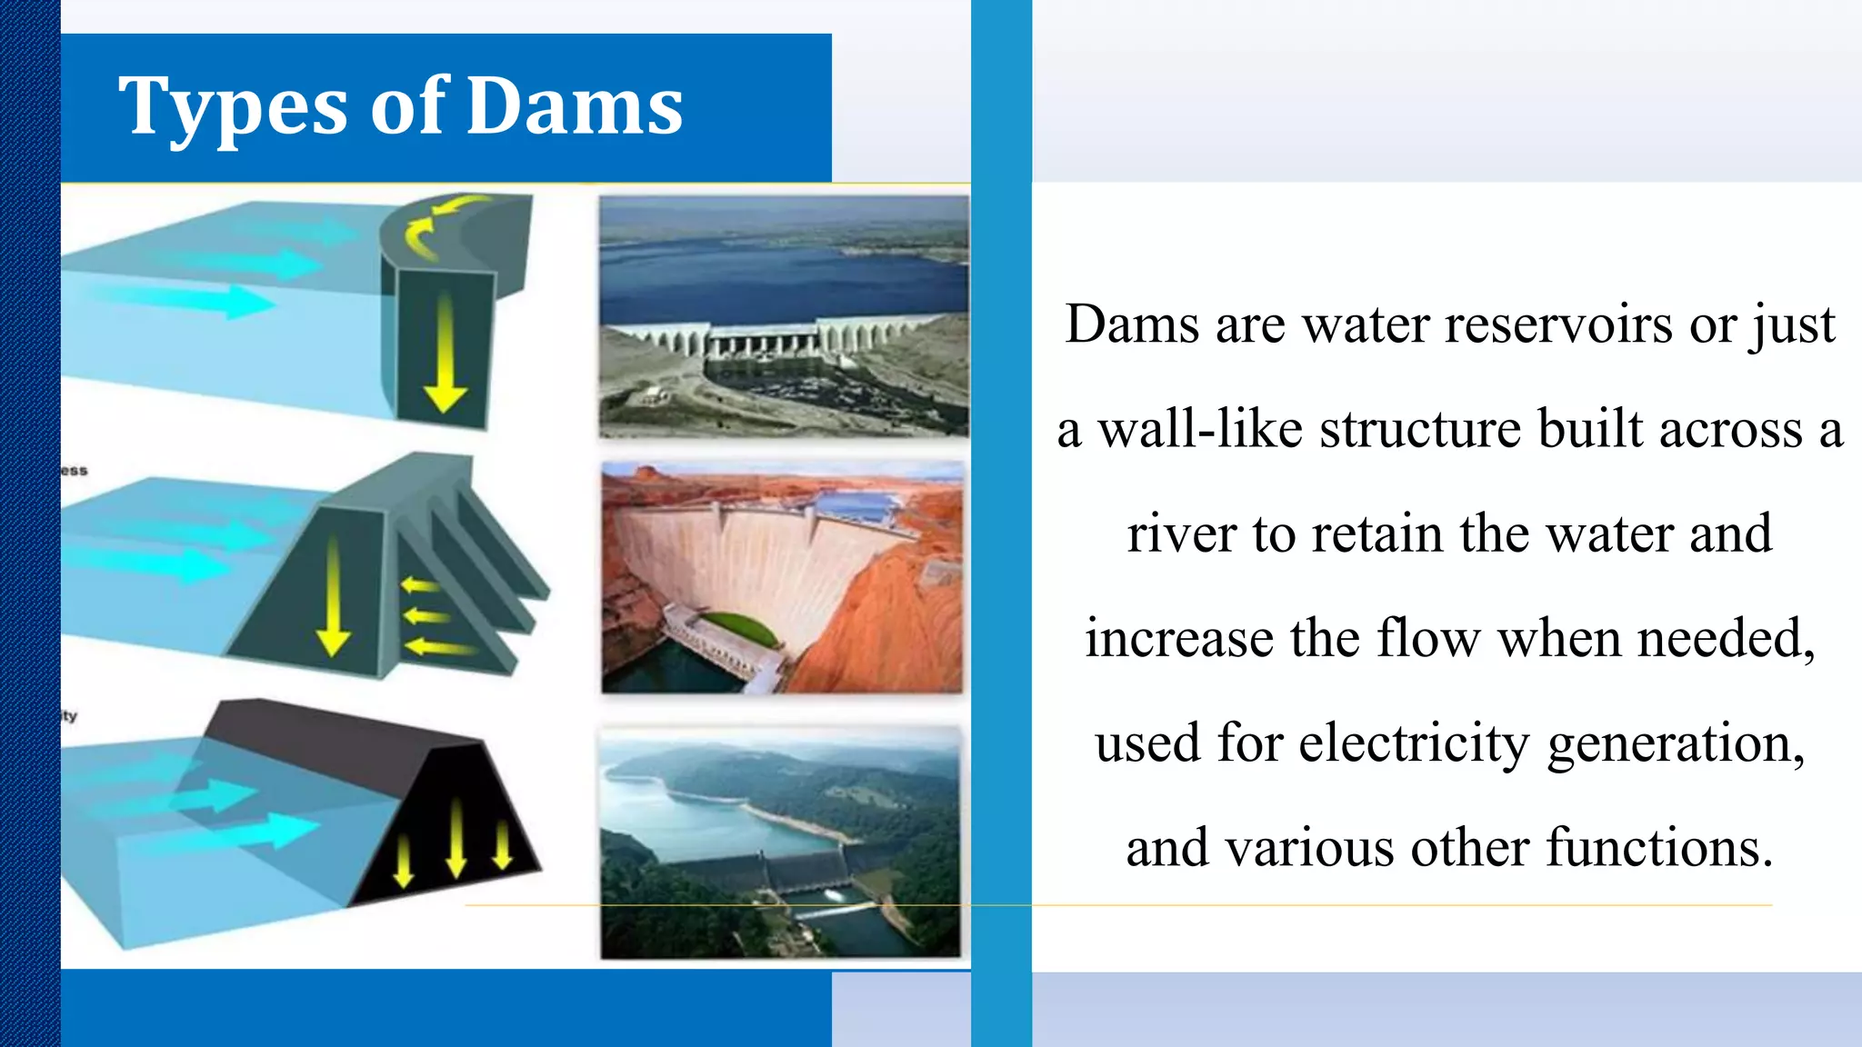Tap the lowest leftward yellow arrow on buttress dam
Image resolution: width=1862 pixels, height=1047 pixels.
coord(440,647)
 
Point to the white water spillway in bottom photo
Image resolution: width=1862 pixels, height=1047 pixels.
coord(833,910)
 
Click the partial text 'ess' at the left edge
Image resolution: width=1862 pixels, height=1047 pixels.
coord(74,471)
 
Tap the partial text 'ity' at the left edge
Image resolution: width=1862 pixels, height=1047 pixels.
coord(69,716)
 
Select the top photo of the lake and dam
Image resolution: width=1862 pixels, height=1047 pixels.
coord(784,316)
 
